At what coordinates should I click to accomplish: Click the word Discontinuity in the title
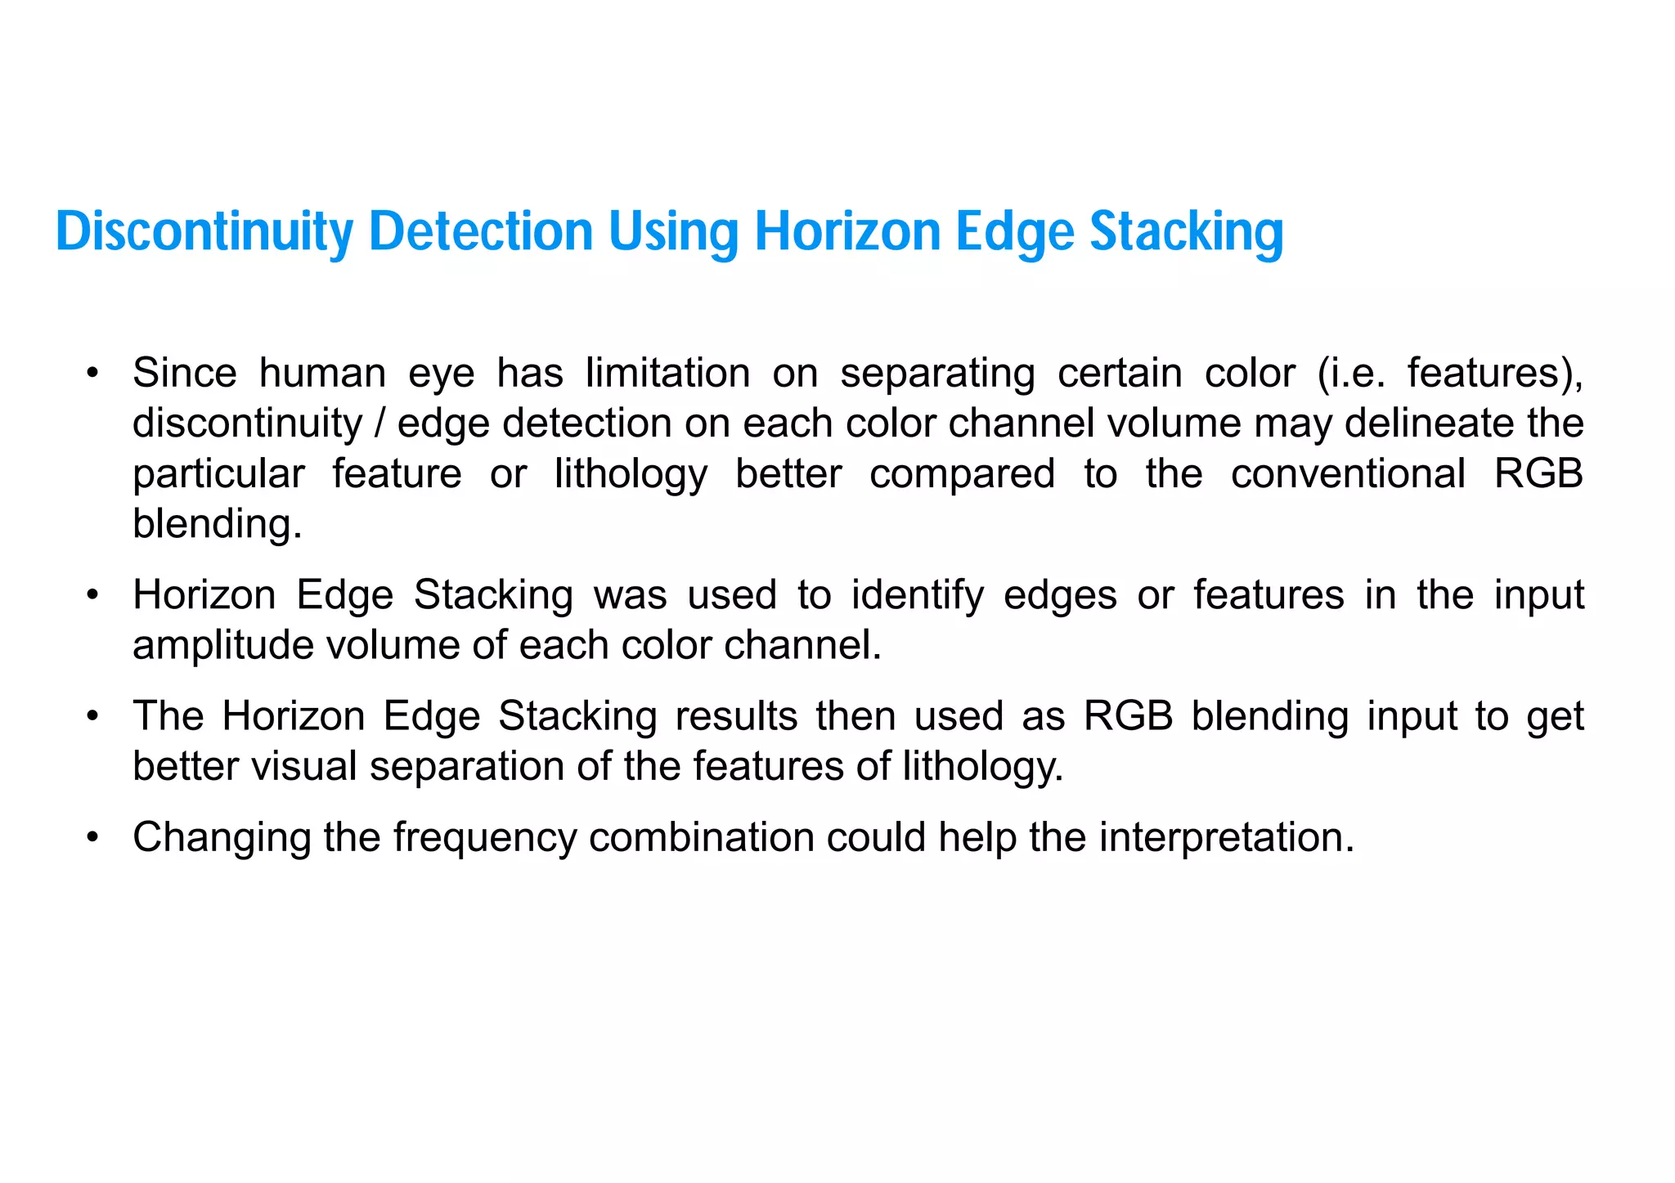[204, 232]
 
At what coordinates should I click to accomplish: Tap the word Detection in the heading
[480, 232]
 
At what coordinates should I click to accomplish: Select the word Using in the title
[673, 232]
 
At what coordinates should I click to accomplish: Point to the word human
[322, 374]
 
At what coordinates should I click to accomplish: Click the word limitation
[667, 374]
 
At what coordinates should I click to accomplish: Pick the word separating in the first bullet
[937, 374]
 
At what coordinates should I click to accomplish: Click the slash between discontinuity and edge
[379, 423]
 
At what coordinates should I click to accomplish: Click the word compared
[962, 474]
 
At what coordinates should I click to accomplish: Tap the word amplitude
[223, 646]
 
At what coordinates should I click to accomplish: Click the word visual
[303, 767]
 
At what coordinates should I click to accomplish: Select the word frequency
[485, 838]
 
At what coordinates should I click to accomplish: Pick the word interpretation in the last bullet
[1226, 838]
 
